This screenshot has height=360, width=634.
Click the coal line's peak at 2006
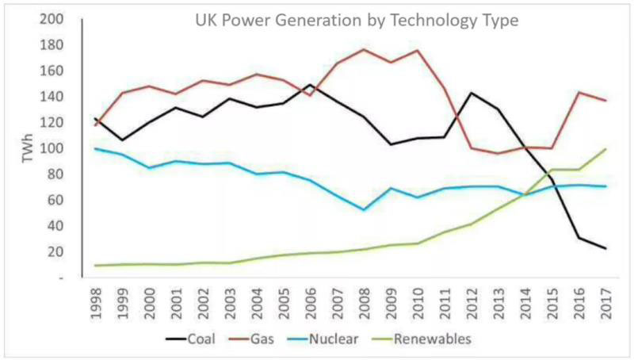tap(310, 85)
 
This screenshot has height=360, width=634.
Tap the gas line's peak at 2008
tap(364, 49)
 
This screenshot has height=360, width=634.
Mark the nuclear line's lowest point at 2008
tap(364, 210)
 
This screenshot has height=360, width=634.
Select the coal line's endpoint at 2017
tap(605, 249)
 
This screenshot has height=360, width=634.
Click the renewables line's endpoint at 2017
tap(605, 149)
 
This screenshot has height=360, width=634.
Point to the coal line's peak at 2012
tap(472, 93)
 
